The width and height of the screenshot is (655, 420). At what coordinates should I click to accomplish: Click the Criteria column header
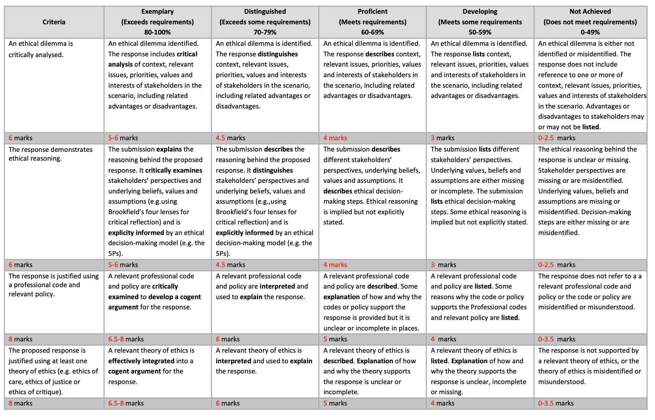(54, 22)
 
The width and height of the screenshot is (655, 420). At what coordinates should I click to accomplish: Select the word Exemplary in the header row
(157, 11)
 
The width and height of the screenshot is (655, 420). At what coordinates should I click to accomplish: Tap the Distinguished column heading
(265, 11)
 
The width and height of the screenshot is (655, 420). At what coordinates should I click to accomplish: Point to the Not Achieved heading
(590, 11)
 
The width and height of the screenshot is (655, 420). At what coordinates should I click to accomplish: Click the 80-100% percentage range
(157, 32)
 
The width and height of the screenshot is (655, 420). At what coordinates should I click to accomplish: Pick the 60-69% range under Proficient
(373, 32)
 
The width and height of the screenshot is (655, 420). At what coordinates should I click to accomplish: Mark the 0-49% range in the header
(590, 32)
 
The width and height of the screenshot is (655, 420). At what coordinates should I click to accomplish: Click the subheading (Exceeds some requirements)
(265, 22)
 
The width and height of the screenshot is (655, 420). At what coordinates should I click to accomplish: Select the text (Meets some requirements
(480, 22)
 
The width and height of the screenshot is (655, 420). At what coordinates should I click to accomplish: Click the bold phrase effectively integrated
(141, 361)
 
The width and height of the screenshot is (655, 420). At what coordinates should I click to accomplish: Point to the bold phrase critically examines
(174, 170)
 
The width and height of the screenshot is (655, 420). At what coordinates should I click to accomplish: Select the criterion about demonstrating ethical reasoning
(50, 154)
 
